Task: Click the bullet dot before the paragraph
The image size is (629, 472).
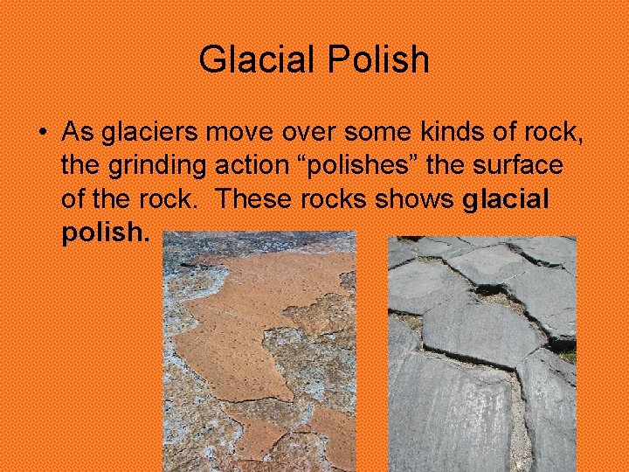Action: [42, 133]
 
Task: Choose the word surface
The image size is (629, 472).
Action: [522, 166]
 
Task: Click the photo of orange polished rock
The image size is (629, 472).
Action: [259, 351]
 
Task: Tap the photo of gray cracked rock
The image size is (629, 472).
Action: [481, 354]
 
